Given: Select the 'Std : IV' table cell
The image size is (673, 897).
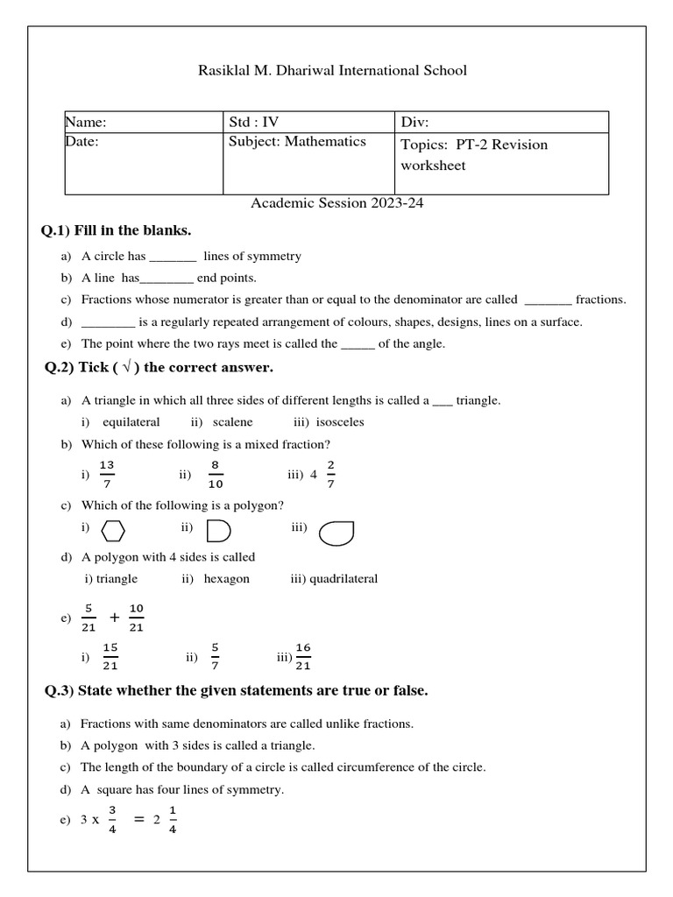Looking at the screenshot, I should click(254, 123).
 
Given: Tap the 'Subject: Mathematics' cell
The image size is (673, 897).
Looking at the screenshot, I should click(297, 142).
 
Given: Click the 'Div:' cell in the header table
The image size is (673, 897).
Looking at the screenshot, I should click(415, 123).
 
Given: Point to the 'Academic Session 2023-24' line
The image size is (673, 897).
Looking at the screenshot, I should click(337, 203).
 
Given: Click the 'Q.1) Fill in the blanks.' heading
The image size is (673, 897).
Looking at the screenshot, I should click(117, 230).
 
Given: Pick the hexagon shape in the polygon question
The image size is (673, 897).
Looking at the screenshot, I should click(114, 532).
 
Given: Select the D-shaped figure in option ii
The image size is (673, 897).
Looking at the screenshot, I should click(217, 532).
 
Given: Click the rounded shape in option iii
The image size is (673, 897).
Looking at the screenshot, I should click(336, 533).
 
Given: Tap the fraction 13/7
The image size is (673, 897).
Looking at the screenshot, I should click(106, 474).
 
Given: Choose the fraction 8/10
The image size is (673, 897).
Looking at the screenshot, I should click(216, 474).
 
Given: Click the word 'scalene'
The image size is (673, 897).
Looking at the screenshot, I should click(232, 422).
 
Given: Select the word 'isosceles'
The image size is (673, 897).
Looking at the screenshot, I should click(340, 422).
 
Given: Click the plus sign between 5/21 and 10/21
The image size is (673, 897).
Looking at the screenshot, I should click(114, 618).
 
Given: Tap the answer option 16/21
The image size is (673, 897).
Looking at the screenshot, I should click(303, 656).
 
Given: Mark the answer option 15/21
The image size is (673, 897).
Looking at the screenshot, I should click(110, 656).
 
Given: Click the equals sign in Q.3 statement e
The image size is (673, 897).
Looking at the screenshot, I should click(138, 819).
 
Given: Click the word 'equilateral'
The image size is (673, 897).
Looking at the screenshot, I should click(131, 422).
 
